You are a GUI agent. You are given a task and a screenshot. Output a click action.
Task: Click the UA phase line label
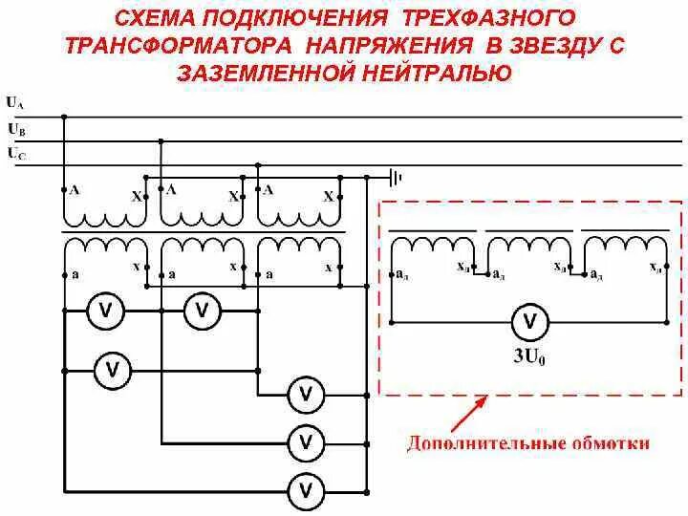click(x=14, y=101)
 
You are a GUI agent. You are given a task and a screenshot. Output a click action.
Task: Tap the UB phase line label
click(x=14, y=127)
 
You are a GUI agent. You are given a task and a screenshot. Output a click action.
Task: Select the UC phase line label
click(x=14, y=151)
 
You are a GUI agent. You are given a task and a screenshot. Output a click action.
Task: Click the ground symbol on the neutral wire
click(x=395, y=177)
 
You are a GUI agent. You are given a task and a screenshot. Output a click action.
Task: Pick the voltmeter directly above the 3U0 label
click(x=530, y=321)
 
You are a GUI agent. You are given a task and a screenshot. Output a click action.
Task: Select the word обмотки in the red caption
click(x=614, y=443)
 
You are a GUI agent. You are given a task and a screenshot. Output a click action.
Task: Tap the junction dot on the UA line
click(x=63, y=117)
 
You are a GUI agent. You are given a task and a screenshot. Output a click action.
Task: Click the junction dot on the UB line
click(x=161, y=141)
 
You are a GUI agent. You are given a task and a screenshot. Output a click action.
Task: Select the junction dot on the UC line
click(x=258, y=165)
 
